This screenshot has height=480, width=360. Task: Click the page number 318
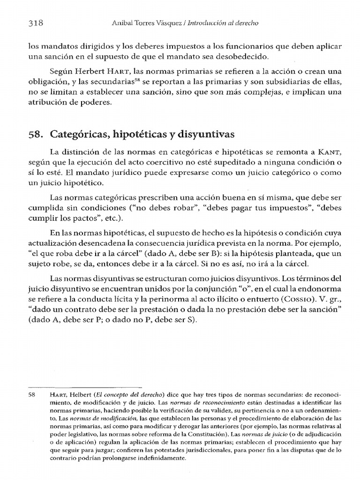point(36,22)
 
